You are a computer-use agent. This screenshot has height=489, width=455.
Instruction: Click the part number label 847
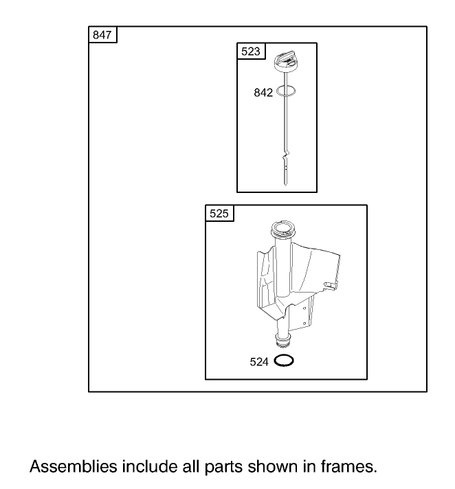coord(102,34)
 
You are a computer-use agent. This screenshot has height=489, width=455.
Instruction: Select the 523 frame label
coord(251,51)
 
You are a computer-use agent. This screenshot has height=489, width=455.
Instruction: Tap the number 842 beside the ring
coord(263,93)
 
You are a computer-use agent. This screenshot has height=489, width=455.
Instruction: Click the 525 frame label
coord(219,214)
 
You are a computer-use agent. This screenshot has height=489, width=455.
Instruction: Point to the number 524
coord(259,362)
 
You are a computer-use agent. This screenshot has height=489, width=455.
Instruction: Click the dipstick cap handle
coord(285,61)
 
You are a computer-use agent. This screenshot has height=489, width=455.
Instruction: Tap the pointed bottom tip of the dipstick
coord(285,185)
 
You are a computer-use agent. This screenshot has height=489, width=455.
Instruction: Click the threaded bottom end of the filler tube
coord(284,340)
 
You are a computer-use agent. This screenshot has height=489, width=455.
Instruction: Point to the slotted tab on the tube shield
coord(331,286)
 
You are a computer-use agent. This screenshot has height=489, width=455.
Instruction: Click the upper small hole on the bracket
coord(304,308)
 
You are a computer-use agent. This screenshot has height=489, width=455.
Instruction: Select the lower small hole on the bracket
coord(304,323)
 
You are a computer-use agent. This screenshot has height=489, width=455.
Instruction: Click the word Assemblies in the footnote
coord(74,467)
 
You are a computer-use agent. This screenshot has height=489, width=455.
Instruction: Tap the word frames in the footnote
coord(349,467)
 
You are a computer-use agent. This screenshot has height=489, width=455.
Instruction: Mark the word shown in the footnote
coord(273,467)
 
